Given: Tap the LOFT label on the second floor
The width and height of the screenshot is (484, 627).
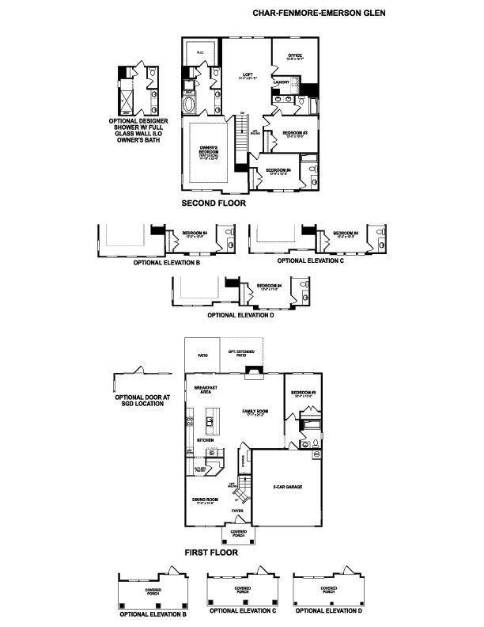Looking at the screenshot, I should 248,74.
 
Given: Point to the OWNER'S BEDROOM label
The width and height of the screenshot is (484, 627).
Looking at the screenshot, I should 209,148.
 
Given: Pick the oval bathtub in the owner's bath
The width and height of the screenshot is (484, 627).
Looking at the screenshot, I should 191,104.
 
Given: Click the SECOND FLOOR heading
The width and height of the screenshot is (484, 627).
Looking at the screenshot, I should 214,203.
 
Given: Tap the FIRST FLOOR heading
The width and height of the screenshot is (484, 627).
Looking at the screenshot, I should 210,552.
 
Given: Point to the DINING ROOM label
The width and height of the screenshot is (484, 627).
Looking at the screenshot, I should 206,500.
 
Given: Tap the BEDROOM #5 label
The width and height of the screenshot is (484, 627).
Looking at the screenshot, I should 303,393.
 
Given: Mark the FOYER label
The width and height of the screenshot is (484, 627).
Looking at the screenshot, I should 236,511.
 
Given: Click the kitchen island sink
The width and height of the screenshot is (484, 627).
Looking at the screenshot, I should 211,417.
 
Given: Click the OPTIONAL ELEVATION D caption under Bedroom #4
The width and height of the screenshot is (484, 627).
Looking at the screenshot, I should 240,315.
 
